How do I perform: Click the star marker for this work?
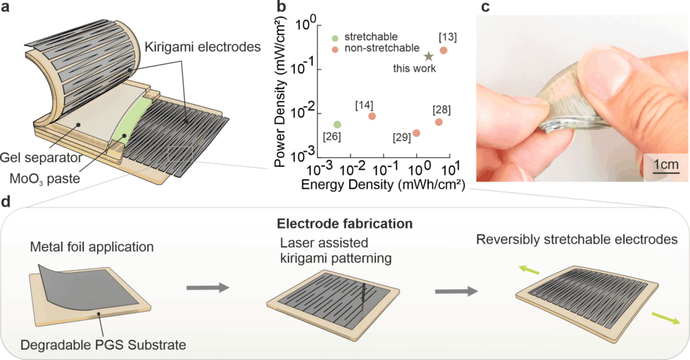428,57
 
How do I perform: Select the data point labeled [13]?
443,50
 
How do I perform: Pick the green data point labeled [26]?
337,124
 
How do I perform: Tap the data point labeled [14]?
372,116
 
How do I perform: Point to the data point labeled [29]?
416,133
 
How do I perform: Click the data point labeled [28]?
438,122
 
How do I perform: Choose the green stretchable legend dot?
334,36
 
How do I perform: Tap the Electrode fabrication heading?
344,223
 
